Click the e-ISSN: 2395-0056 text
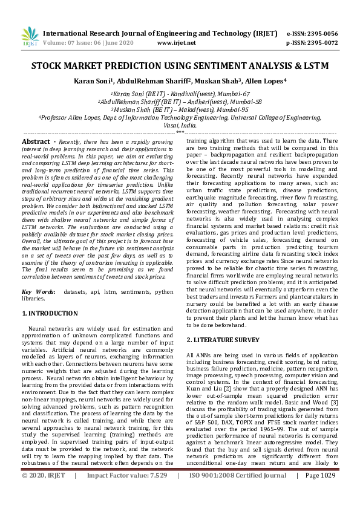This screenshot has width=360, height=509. coord(312,33)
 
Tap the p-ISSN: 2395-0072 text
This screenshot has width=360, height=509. coord(312,43)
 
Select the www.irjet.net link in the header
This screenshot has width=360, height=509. coord(176,43)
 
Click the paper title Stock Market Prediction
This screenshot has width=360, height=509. coord(180,65)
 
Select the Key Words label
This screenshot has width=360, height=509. coord(37,292)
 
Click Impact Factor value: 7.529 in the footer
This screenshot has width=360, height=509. coord(128,493)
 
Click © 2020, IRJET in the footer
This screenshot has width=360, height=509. coord(43,493)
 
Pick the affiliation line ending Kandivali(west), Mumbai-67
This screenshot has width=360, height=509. coord(180,94)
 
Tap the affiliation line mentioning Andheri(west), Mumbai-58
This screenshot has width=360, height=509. coord(180,102)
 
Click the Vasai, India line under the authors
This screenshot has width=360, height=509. coord(180,125)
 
